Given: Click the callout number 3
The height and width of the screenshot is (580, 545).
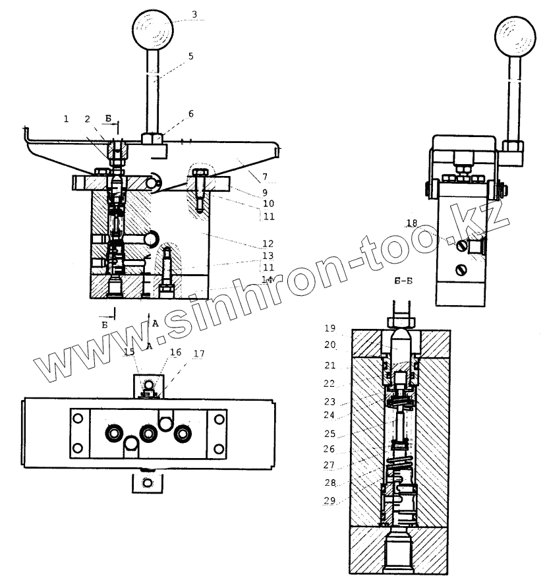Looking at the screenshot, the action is click(x=193, y=13).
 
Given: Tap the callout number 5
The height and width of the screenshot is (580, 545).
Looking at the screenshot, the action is click(x=190, y=56).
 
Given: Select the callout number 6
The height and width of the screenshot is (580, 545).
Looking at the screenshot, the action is click(x=191, y=113).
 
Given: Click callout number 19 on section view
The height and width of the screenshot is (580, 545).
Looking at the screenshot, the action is click(x=330, y=327).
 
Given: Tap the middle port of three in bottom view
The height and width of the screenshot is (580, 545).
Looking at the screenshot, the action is click(x=147, y=432).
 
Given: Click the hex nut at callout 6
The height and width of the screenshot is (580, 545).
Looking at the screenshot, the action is click(x=153, y=138).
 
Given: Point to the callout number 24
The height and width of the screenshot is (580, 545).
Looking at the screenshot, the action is click(x=330, y=415).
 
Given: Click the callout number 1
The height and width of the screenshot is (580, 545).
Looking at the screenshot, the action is click(x=66, y=119).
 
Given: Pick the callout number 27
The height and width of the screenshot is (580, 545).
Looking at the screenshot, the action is click(x=330, y=466).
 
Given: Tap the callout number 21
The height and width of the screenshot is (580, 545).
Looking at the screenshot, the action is click(x=330, y=365).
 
